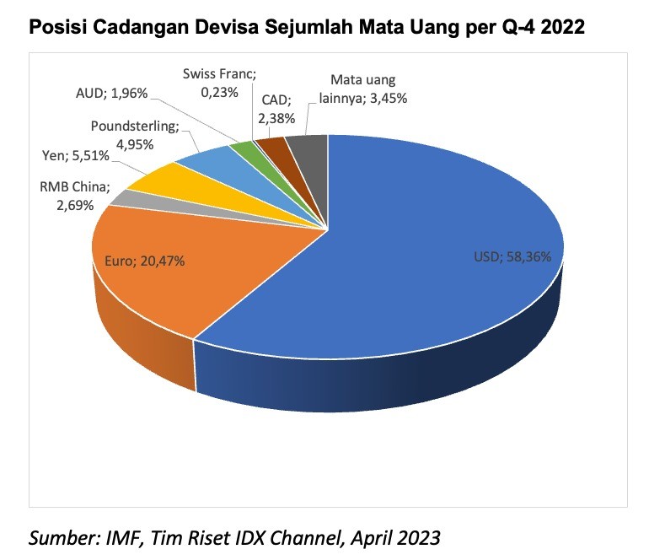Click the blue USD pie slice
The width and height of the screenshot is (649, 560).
pos(421,278)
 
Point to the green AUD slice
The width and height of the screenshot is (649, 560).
pos(243,150)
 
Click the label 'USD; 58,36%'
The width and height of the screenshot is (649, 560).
pos(513,256)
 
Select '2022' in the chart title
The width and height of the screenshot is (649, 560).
pos(560,28)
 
